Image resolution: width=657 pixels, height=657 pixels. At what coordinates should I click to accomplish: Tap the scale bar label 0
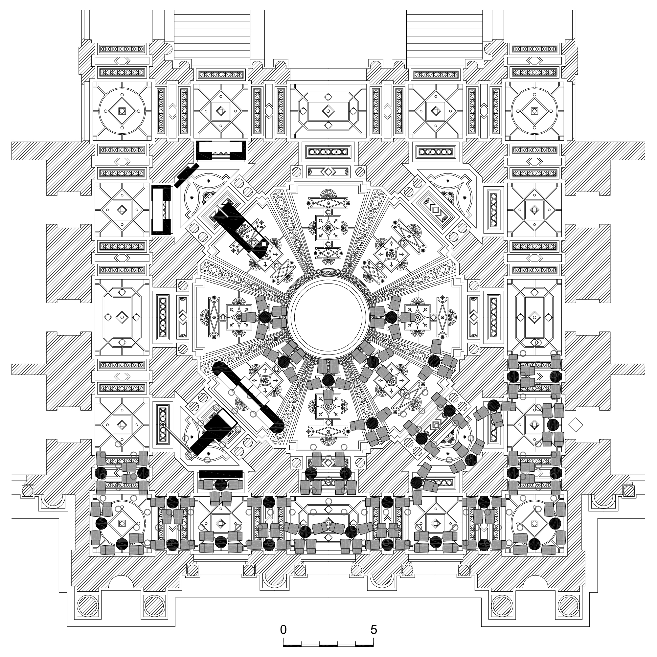(283, 630)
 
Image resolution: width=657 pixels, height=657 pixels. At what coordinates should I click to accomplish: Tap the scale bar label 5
(374, 630)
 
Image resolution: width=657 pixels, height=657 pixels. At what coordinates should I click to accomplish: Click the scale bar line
(328, 645)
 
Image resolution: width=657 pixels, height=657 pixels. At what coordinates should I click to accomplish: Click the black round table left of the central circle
(265, 317)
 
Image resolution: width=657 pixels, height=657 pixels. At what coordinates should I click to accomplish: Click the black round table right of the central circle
(391, 317)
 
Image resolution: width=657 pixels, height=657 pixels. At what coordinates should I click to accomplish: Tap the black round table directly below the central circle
(328, 379)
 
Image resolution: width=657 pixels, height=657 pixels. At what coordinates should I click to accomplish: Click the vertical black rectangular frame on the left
(161, 210)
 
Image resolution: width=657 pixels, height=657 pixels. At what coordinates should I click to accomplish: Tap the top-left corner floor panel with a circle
(122, 111)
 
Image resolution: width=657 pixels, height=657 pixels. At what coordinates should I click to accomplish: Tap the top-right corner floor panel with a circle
(534, 111)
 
